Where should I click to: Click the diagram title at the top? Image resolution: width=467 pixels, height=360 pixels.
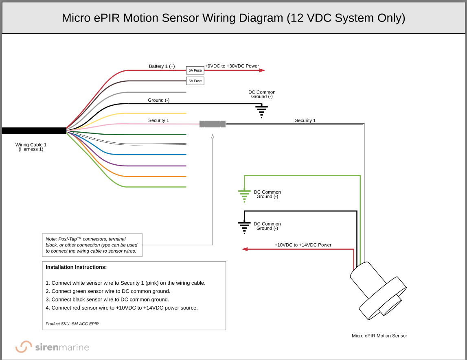pyautogui.click(x=233, y=18)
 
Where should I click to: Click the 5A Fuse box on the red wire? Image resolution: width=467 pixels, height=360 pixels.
pyautogui.click(x=195, y=70)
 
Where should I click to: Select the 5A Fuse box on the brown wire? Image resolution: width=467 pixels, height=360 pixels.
pyautogui.click(x=195, y=81)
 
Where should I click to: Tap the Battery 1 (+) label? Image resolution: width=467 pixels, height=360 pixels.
pyautogui.click(x=162, y=66)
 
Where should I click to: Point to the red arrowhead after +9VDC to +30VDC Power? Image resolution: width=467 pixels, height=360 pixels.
pyautogui.click(x=262, y=70)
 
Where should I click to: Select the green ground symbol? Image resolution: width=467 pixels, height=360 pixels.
pyautogui.click(x=244, y=196)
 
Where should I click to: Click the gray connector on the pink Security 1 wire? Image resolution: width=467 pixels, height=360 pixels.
pyautogui.click(x=213, y=124)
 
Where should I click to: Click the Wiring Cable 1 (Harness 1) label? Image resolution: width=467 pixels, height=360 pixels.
pyautogui.click(x=31, y=147)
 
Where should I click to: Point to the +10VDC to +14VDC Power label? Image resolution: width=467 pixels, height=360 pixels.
pyautogui.click(x=303, y=245)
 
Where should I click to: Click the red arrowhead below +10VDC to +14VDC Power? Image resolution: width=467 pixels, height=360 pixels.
pyautogui.click(x=245, y=249)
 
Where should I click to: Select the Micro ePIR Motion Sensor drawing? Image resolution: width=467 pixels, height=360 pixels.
pyautogui.click(x=377, y=291)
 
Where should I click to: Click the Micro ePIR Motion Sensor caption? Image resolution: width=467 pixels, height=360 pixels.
pyautogui.click(x=379, y=336)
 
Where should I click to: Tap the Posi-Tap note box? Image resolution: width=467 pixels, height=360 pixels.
pyautogui.click(x=92, y=245)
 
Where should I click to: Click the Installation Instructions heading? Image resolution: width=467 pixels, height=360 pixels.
pyautogui.click(x=76, y=267)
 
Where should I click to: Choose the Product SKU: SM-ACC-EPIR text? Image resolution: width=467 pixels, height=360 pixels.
pyautogui.click(x=72, y=324)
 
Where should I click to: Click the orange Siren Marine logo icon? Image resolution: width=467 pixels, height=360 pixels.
pyautogui.click(x=24, y=347)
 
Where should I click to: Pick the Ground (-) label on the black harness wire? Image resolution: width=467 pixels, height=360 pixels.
pyautogui.click(x=158, y=100)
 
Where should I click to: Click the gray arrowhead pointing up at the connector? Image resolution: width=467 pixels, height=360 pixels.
pyautogui.click(x=213, y=137)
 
